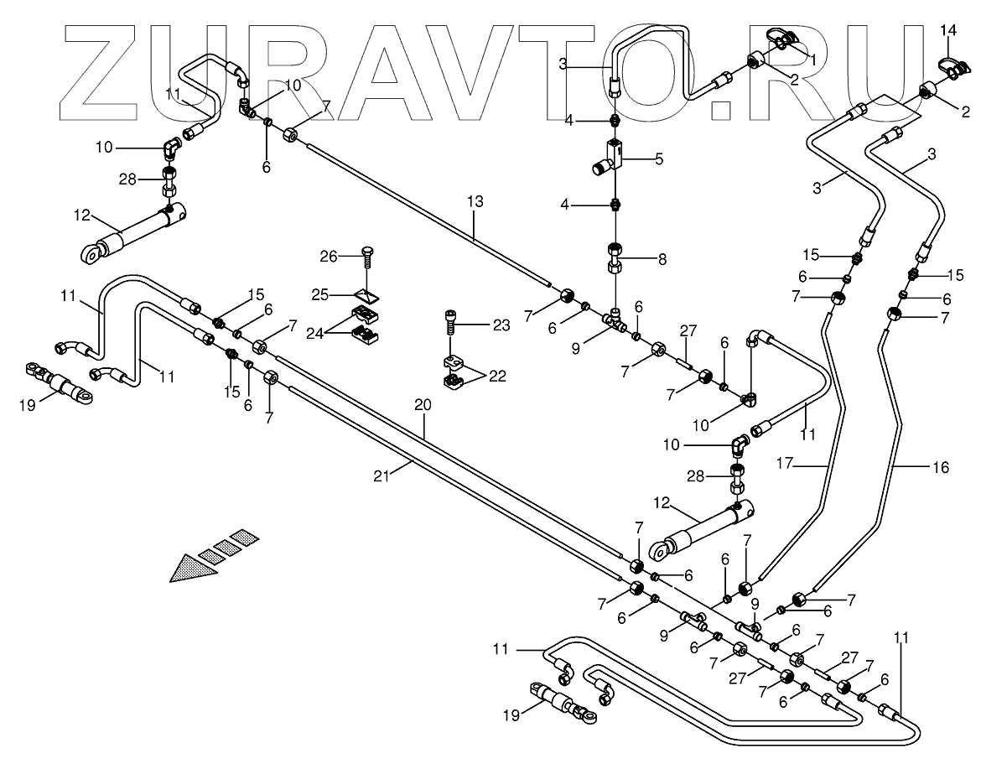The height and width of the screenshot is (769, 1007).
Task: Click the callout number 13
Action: click(x=475, y=201)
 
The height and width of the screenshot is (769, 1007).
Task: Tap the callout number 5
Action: click(x=659, y=159)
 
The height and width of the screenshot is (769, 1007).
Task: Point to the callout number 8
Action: click(x=662, y=259)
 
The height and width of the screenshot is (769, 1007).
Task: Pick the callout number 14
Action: click(x=948, y=30)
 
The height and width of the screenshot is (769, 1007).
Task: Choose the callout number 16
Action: click(x=941, y=467)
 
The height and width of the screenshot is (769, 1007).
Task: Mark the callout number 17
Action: click(x=785, y=464)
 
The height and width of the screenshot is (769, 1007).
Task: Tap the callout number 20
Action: click(x=423, y=405)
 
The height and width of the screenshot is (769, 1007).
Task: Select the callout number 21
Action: click(x=381, y=476)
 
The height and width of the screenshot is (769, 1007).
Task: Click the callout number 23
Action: click(x=501, y=325)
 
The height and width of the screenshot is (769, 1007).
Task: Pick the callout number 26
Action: click(x=329, y=257)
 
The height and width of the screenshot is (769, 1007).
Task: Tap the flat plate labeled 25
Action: click(x=366, y=295)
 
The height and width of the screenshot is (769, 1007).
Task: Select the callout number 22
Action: click(x=497, y=377)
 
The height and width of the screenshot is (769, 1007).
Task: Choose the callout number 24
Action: click(x=315, y=334)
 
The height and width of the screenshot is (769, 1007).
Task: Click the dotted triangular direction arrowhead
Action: click(x=193, y=569)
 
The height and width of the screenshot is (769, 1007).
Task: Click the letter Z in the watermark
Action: click(x=98, y=72)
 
